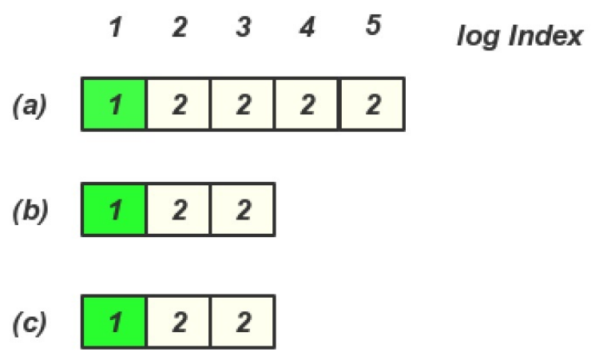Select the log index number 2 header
click(179, 28)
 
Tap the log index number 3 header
click(244, 28)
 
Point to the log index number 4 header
click(307, 28)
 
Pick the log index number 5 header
click(372, 27)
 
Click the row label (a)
click(30, 105)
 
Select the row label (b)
click(30, 210)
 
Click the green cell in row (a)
click(114, 104)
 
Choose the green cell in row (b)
click(114, 210)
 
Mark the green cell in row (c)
click(114, 322)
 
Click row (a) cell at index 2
click(179, 104)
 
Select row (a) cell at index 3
click(244, 104)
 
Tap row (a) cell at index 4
click(307, 104)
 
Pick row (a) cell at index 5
click(372, 104)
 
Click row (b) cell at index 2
click(179, 210)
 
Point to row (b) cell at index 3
click(244, 210)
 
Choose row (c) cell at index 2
click(179, 322)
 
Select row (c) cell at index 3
click(244, 322)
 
